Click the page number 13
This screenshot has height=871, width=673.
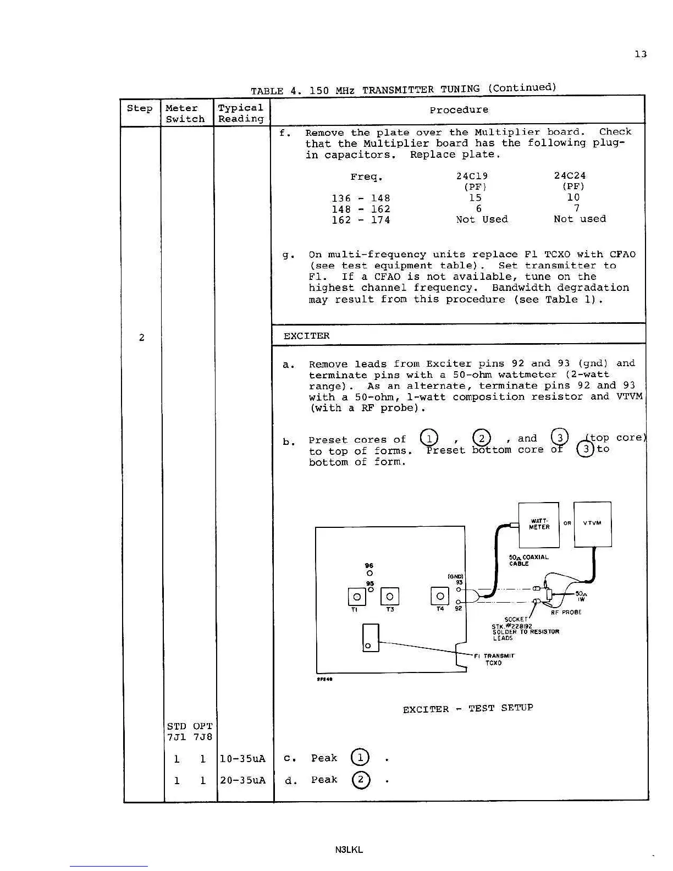640,54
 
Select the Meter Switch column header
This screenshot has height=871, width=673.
185,113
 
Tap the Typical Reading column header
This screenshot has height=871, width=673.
241,113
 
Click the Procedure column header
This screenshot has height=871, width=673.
459,110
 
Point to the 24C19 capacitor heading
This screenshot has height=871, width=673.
472,176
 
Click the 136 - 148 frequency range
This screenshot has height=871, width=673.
361,199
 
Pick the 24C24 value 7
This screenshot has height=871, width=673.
576,208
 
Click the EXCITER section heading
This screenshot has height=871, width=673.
306,336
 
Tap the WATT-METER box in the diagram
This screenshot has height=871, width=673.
539,525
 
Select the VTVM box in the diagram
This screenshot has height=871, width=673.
592,524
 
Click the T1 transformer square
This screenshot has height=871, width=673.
357,597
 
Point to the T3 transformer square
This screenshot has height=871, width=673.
390,596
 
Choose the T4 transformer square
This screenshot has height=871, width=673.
439,596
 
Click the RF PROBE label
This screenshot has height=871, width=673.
566,613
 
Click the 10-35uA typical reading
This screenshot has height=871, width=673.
242,759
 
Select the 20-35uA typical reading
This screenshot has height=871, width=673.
242,780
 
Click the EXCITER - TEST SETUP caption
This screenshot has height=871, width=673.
467,709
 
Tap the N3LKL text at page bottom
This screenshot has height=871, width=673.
349,850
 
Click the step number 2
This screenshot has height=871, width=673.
141,338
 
